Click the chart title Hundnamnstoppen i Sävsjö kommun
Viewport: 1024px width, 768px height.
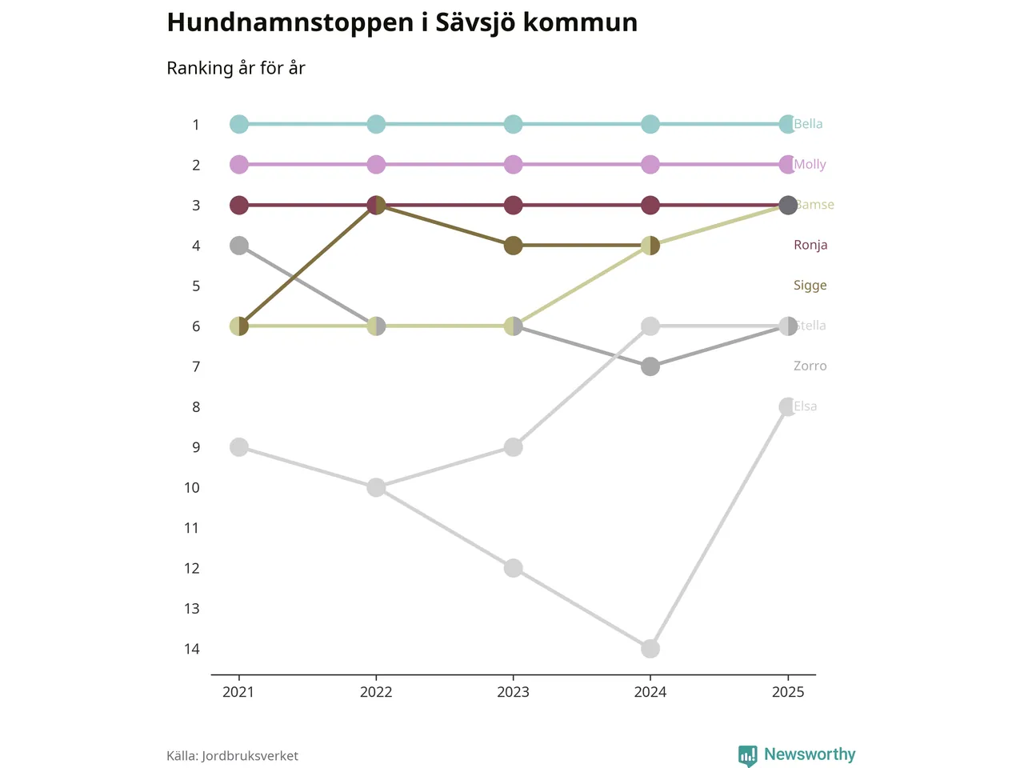coord(402,22)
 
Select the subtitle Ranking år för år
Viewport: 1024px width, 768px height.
coord(236,68)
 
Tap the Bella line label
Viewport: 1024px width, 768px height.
coord(808,124)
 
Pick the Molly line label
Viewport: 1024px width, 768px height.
coord(810,164)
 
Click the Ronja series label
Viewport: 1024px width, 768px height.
coord(810,245)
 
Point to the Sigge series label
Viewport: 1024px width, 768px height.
coord(810,286)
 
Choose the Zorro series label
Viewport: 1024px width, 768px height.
coord(810,366)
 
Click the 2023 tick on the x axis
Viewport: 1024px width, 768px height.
coord(513,692)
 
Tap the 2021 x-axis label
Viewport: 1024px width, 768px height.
coord(238,692)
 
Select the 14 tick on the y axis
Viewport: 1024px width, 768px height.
coord(192,649)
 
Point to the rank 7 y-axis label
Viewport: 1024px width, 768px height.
coord(196,366)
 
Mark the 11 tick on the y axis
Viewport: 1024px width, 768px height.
coord(192,528)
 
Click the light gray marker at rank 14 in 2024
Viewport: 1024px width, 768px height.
coord(650,649)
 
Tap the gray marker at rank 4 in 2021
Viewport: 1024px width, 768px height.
coord(239,246)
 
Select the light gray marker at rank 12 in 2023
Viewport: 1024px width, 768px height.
coord(514,568)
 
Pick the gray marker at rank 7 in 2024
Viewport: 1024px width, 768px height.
coord(650,366)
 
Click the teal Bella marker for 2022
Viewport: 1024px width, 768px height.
coord(376,124)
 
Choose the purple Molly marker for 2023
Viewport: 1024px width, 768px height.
coord(514,165)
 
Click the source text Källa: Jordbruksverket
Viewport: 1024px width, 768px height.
coord(232,756)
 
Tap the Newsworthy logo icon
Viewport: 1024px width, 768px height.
coord(747,755)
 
